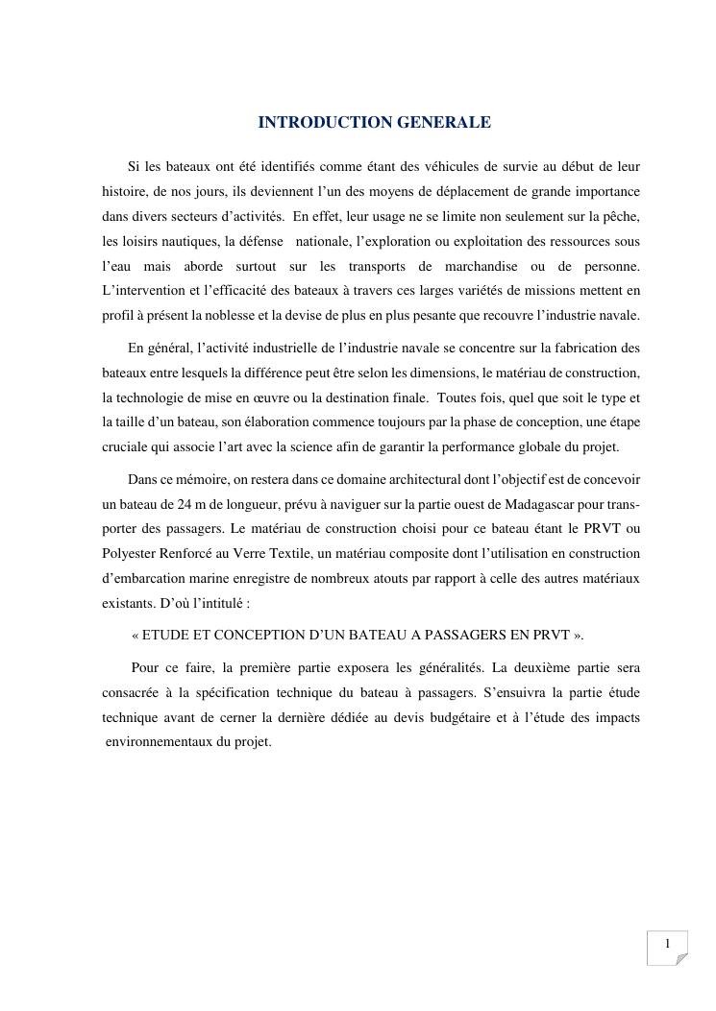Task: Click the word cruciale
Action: coord(125,445)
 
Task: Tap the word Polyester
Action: coord(129,553)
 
